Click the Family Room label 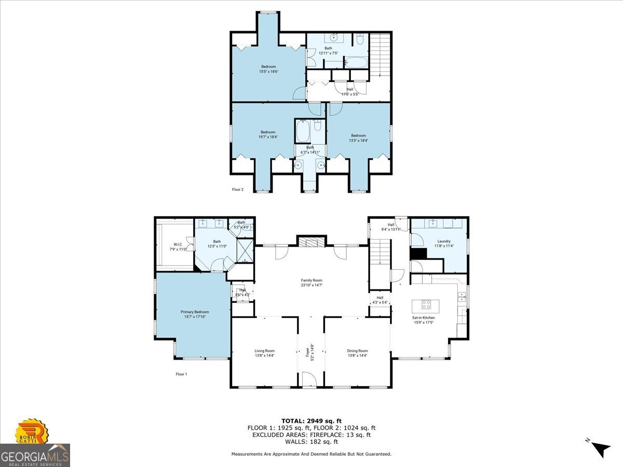[x=311, y=283]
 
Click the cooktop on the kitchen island [x=426, y=305]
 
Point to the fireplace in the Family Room [x=311, y=242]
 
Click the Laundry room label [x=443, y=243]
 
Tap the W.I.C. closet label [x=178, y=246]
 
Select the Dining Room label [x=357, y=353]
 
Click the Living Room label [x=264, y=353]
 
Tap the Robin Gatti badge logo [x=31, y=433]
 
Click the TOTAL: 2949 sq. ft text [x=311, y=421]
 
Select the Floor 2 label [x=237, y=189]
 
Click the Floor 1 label [x=181, y=374]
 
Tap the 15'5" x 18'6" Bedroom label [x=268, y=69]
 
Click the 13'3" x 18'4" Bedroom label [x=358, y=138]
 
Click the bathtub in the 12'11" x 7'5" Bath [x=356, y=63]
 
